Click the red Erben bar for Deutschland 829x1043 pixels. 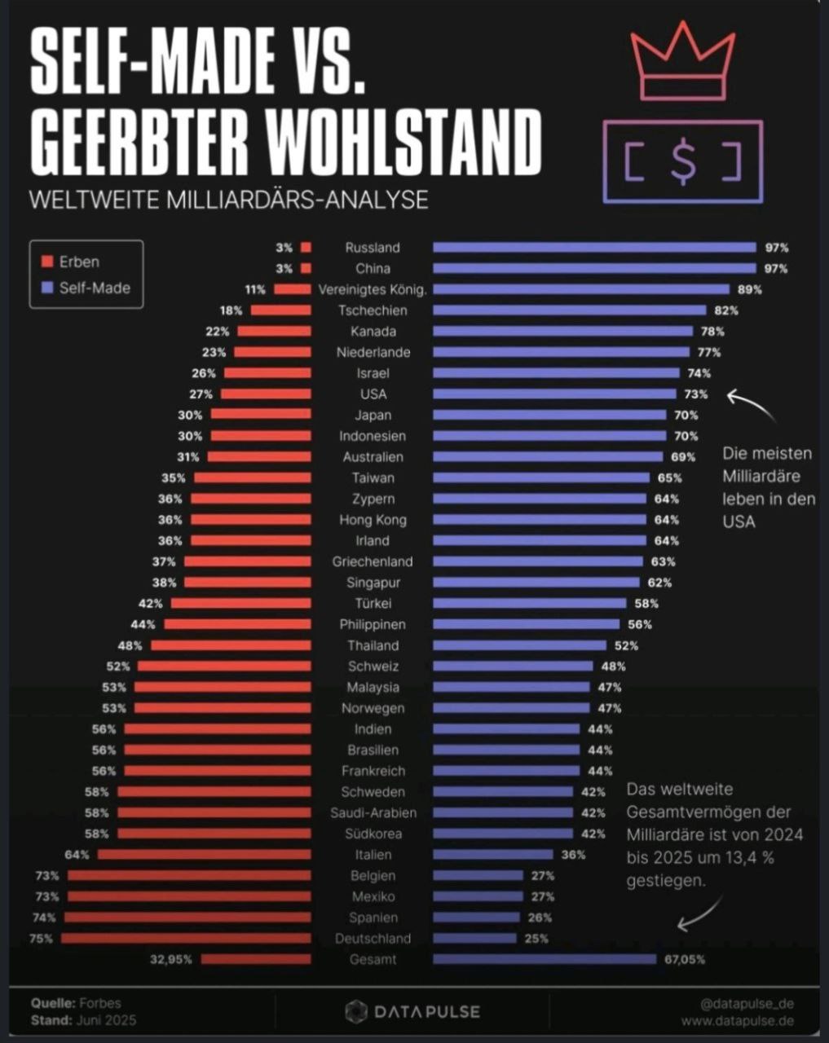186,938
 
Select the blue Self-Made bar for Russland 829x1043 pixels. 594,248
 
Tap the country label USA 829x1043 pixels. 373,394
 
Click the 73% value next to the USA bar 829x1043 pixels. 696,394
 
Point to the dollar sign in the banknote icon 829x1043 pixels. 683,161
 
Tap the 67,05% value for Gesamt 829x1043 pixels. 685,959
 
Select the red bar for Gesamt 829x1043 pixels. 256,959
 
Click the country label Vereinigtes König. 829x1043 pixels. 373,289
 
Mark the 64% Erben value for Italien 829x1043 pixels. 77,855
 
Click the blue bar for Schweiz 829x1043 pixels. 512,667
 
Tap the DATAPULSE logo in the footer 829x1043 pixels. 412,1012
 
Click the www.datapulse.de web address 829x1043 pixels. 737,1020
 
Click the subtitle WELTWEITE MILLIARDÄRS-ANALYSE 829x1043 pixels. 229,200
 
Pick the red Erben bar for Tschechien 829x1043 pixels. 280,310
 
